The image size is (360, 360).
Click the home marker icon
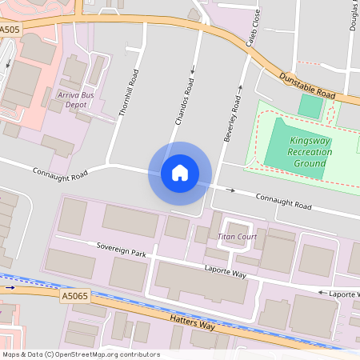[180, 173]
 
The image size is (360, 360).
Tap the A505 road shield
[10, 29]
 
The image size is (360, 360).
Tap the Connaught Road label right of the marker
[282, 200]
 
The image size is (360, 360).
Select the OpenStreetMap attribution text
[81, 354]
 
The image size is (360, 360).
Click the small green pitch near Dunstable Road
[310, 106]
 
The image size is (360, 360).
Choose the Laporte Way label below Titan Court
[225, 272]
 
